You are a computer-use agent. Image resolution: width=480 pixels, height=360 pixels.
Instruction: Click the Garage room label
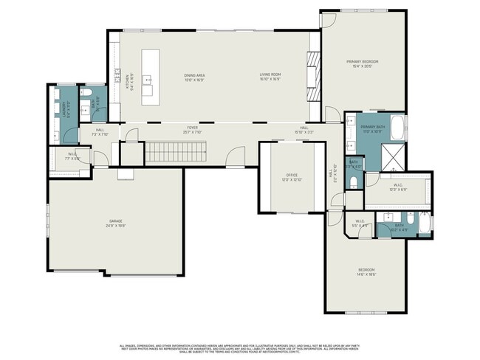point(115,221)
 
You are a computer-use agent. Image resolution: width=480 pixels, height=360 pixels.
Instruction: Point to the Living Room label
point(270,75)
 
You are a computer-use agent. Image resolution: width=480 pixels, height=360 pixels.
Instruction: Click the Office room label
point(292,176)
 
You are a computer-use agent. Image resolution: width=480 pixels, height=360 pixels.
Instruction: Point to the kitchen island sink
point(148,78)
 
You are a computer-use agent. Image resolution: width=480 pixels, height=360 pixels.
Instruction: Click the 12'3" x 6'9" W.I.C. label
point(398,186)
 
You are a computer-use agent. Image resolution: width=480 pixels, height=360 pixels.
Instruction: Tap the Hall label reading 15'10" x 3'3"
point(304,130)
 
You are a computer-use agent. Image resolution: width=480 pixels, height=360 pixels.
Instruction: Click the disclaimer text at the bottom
point(239,347)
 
